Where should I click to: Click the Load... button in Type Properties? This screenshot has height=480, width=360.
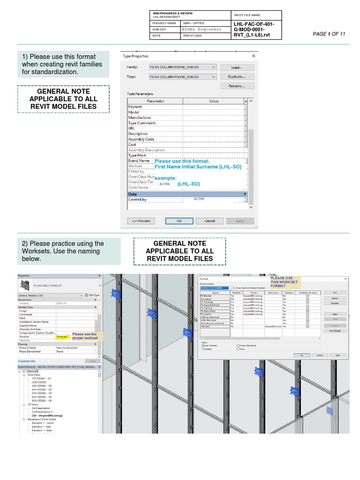[x=237, y=67]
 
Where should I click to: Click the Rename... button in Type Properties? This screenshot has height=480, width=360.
[x=237, y=86]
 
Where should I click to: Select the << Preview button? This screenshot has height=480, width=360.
[x=141, y=221]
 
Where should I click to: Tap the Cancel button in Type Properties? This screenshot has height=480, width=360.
[x=210, y=221]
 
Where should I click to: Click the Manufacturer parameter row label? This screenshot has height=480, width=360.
[x=140, y=118]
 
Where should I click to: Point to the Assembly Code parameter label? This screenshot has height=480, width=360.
[x=141, y=139]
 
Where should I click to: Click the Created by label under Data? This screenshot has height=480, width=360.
[x=137, y=200]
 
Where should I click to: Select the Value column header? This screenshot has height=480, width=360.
[x=213, y=101]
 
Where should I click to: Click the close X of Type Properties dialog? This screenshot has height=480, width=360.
[x=254, y=56]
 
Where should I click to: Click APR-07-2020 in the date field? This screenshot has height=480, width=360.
[x=192, y=36]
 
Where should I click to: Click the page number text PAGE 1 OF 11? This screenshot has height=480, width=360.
[x=329, y=34]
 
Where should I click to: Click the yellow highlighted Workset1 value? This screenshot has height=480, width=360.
[x=62, y=337]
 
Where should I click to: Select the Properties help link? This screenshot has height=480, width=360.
[x=26, y=361]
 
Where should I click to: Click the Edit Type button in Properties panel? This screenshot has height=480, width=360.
[x=92, y=295]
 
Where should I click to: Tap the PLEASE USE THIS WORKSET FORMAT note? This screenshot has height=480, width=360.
[x=284, y=282]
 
